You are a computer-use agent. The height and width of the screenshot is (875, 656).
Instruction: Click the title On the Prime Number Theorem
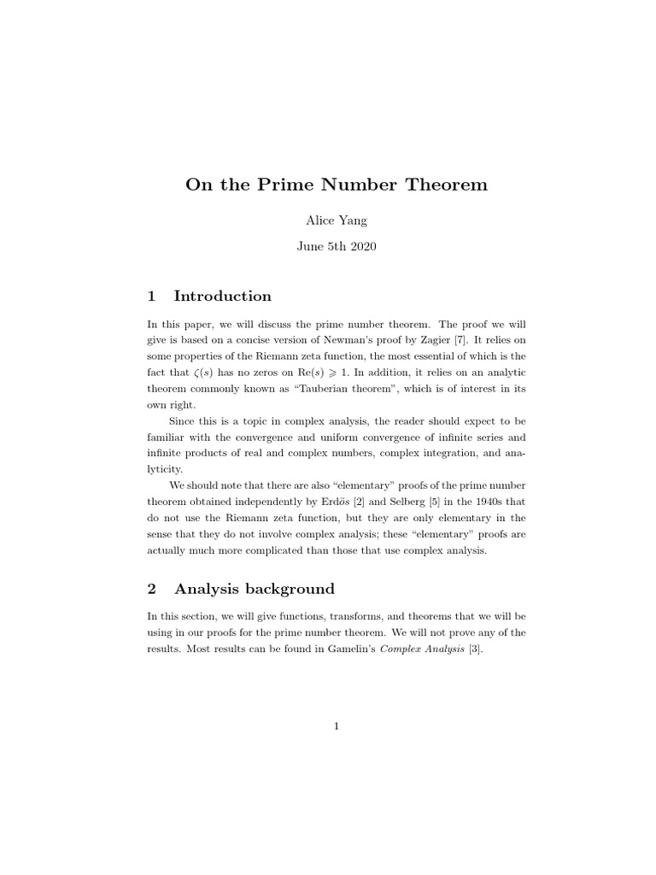[336, 184]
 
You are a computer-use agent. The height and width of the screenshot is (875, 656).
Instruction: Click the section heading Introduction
[222, 297]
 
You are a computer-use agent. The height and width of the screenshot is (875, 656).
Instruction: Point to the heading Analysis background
[254, 589]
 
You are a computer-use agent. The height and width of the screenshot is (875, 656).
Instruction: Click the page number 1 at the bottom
[337, 727]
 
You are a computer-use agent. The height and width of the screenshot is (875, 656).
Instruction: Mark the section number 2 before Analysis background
[152, 589]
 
